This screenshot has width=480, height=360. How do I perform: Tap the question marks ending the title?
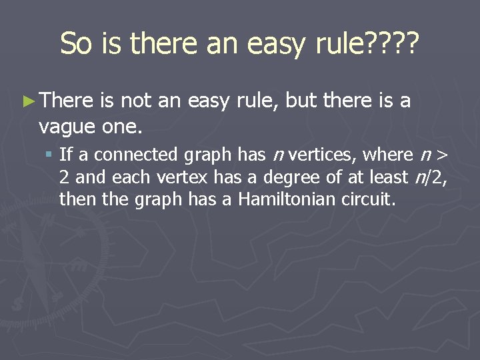coord(392,44)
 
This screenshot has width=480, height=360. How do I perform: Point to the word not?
coord(136,101)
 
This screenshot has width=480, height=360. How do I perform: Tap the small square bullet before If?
coord(49,155)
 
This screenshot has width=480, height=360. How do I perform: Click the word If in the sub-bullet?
coord(65,155)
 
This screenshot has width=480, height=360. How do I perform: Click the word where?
coord(388,155)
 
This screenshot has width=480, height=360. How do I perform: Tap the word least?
coord(379,177)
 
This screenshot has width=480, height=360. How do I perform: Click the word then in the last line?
coord(73,198)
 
